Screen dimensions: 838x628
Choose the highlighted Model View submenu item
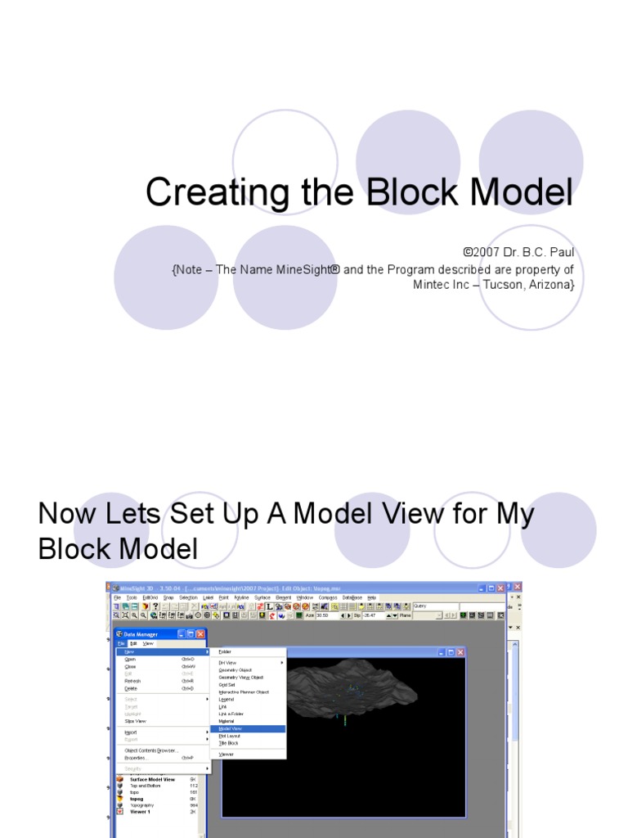coord(231,728)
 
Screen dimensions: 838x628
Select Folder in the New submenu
coord(225,651)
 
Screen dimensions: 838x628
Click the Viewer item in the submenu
coord(227,754)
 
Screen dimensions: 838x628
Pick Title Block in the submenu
coord(228,742)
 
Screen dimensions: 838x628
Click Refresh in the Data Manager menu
coord(132,681)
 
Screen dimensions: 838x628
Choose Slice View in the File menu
coord(135,721)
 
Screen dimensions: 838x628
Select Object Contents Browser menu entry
coord(151,750)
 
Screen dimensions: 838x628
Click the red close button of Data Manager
coord(200,634)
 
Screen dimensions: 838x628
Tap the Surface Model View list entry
coord(152,779)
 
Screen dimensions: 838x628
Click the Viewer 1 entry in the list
coord(140,812)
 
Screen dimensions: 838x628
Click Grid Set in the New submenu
coord(227,684)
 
